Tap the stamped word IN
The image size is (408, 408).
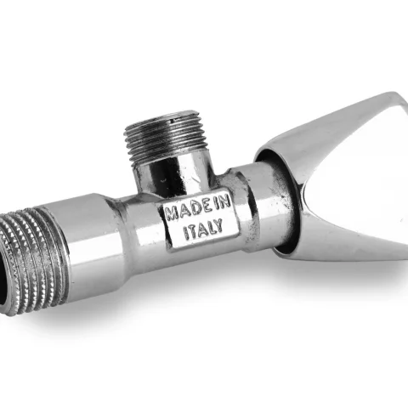222,203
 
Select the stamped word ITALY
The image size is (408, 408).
203,229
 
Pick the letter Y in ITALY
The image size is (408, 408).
218,226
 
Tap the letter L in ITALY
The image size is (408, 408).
209,228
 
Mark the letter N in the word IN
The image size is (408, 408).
225,203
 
